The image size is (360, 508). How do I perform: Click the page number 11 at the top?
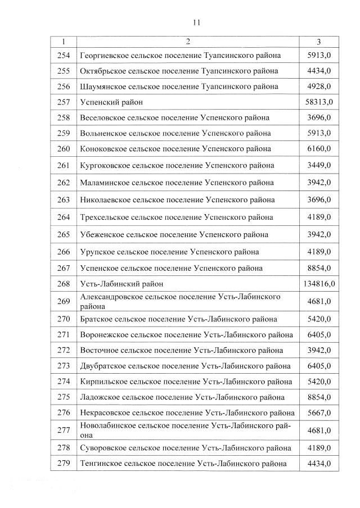(x=196, y=22)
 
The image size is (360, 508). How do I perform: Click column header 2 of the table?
(x=188, y=42)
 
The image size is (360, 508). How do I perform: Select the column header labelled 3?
(x=318, y=42)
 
